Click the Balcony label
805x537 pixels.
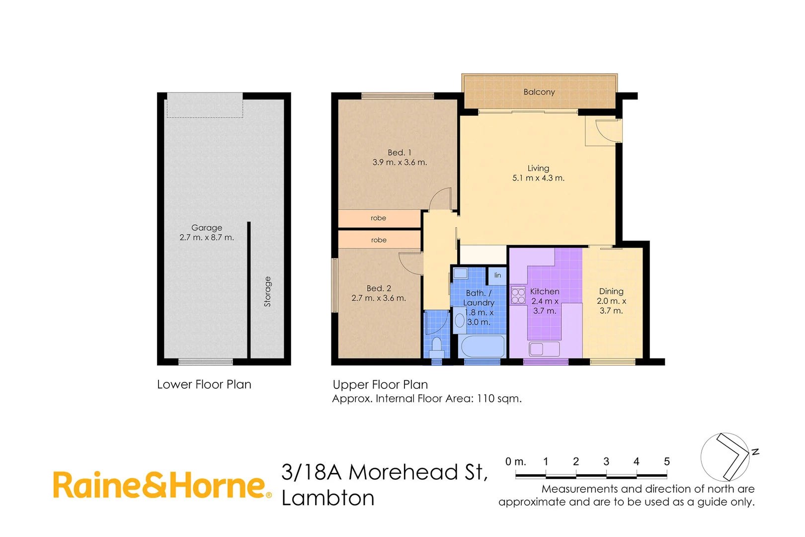[539, 92]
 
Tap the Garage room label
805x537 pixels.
[207, 228]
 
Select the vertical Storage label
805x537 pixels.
[267, 291]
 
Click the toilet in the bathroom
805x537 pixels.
[437, 345]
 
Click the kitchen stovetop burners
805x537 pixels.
[518, 295]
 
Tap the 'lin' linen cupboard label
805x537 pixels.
[497, 275]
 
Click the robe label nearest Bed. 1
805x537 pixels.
[378, 218]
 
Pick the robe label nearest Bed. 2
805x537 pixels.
[379, 240]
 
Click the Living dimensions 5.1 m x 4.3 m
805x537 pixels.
[538, 178]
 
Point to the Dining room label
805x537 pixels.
[611, 291]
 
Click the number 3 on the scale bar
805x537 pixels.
[606, 461]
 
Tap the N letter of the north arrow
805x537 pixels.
[755, 451]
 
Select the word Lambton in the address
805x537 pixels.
[328, 498]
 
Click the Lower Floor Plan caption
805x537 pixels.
[204, 384]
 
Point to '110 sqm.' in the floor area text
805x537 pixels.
[499, 398]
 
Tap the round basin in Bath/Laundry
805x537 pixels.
[460, 320]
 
